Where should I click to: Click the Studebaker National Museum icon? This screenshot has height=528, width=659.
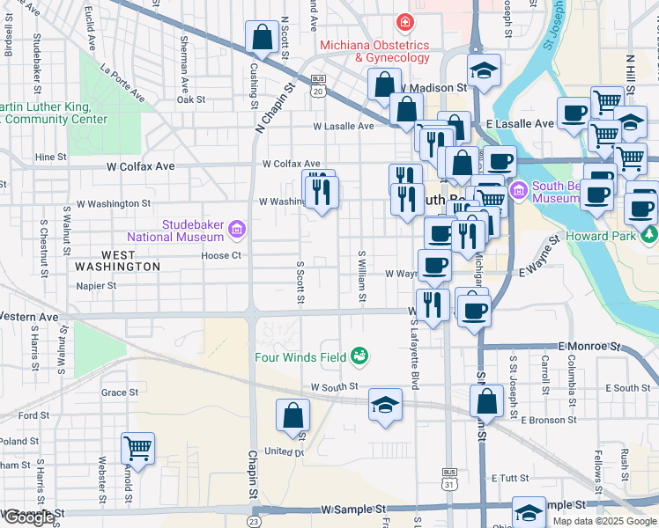pyautogui.click(x=235, y=231)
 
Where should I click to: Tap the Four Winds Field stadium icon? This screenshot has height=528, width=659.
pyautogui.click(x=359, y=356)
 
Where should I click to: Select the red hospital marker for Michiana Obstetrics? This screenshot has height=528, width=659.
pyautogui.click(x=404, y=21)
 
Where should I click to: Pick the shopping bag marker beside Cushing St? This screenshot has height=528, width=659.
pyautogui.click(x=262, y=38)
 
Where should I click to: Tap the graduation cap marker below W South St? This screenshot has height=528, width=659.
pyautogui.click(x=385, y=405)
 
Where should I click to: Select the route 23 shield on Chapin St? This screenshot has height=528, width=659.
pyautogui.click(x=254, y=521)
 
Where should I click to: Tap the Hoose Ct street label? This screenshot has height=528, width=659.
pyautogui.click(x=220, y=256)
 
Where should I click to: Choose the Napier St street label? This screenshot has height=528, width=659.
pyautogui.click(x=96, y=286)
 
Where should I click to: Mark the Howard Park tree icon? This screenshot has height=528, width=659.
pyautogui.click(x=650, y=233)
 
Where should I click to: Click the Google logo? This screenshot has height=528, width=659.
pyautogui.click(x=28, y=517)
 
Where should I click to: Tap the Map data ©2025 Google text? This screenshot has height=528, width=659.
pyautogui.click(x=604, y=521)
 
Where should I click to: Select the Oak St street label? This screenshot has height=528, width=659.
pyautogui.click(x=190, y=99)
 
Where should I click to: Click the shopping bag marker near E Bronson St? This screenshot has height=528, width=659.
pyautogui.click(x=486, y=400)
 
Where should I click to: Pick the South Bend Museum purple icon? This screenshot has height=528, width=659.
pyautogui.click(x=519, y=188)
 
